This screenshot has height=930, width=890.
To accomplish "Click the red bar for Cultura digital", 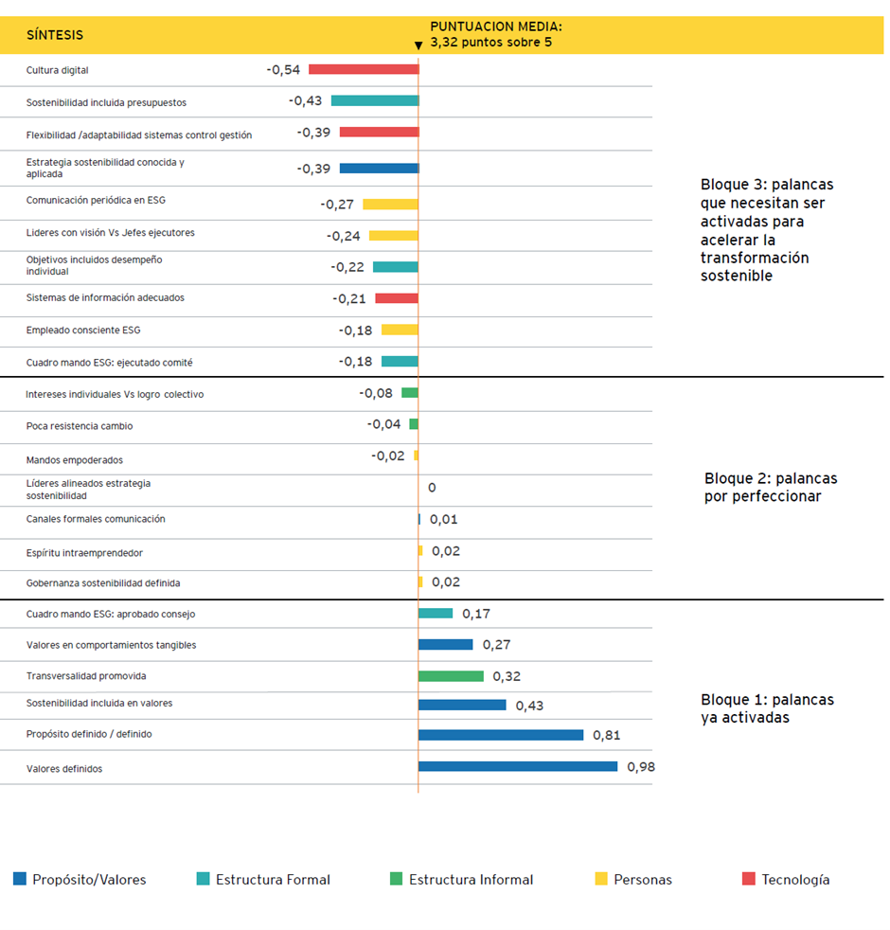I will (x=364, y=69).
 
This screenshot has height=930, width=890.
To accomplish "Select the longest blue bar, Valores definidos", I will (x=517, y=766).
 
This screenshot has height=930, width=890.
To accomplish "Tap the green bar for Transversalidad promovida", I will (x=451, y=676).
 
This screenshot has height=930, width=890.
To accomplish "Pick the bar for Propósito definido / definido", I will (x=500, y=735).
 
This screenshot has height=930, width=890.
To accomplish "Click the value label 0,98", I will (x=641, y=766).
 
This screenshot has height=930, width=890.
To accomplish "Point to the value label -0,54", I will (x=283, y=69).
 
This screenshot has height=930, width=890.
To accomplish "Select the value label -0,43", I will (x=306, y=100).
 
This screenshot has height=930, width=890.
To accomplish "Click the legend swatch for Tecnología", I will (x=748, y=879).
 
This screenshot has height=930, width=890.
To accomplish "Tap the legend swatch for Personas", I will (x=600, y=879).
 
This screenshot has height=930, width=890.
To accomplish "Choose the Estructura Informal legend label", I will (x=471, y=880).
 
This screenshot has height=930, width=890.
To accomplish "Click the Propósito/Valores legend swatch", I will (x=20, y=879).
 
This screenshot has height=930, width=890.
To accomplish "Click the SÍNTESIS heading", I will (x=55, y=35).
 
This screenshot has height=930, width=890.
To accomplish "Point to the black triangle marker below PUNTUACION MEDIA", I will (x=418, y=45).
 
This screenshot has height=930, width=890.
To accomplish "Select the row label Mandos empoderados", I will (x=75, y=460).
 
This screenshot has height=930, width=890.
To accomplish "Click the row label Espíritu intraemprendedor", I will (x=84, y=552).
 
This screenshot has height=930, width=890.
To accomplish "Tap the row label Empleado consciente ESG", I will (x=83, y=331).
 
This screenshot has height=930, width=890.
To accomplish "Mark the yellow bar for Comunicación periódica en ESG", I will (x=390, y=204).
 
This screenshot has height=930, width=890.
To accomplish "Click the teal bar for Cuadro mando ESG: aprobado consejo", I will (x=436, y=614).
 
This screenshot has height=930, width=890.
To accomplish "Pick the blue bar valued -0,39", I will (x=379, y=169).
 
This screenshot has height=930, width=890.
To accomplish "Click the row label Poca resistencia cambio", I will (x=80, y=426).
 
